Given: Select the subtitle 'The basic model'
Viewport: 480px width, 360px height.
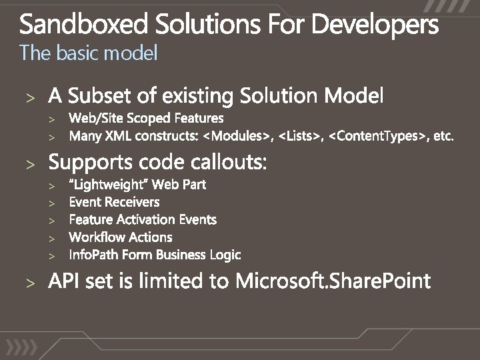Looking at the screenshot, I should point(89,53).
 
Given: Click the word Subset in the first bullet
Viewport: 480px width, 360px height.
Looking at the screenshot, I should point(101,97).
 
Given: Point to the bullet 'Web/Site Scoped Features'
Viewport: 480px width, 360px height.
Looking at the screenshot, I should point(146,119).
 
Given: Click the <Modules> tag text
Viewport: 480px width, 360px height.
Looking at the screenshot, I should point(238,137).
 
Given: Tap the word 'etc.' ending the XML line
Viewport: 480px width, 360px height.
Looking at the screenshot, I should point(443,137).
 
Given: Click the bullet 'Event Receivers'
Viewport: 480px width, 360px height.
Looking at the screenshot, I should point(114,202).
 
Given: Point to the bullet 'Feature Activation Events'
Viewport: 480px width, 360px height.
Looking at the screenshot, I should point(143,219).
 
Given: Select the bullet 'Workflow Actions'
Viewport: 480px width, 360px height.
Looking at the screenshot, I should point(120,237).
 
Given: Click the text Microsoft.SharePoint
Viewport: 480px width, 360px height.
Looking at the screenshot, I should point(333,281).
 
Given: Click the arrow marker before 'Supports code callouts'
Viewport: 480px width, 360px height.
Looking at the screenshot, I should point(29,163).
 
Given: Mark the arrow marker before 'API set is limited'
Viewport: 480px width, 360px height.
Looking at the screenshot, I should point(29,282).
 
